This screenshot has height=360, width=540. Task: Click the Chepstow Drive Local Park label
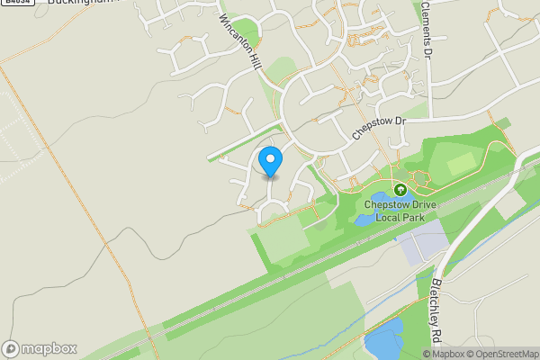coord(400,211)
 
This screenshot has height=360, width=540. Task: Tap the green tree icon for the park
coord(400,190)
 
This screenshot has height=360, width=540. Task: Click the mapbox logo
coord(40,348)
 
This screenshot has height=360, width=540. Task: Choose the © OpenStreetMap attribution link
coord(502,353)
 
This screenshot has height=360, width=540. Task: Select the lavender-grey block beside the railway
coord(421,242)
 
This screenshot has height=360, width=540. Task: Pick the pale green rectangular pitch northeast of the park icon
coord(461,164)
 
